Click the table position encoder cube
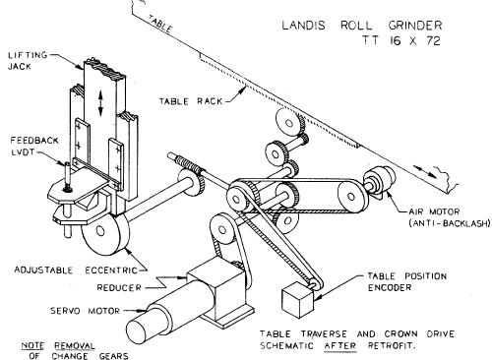[298, 300]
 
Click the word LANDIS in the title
[303, 26]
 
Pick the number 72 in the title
[433, 40]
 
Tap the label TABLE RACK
[191, 100]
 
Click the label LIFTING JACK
[28, 61]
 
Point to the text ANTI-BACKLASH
[450, 223]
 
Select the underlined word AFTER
[340, 345]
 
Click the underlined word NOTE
[32, 346]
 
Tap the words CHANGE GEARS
[90, 356]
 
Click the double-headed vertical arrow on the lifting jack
[101, 103]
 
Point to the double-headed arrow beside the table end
[425, 171]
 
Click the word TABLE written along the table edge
[159, 24]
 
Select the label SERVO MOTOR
[86, 311]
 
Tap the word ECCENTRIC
[111, 270]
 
